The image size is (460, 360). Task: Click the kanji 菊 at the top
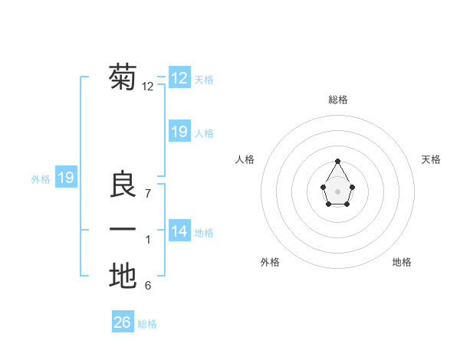tap(123, 77)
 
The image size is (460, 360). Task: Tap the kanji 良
tap(123, 185)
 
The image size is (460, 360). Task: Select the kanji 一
tap(123, 230)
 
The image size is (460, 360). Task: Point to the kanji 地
tap(123, 276)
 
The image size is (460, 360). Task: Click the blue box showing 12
tap(179, 77)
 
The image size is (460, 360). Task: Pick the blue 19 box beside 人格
tap(179, 132)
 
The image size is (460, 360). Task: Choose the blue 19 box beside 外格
tap(66, 178)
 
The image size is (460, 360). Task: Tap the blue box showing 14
tap(179, 231)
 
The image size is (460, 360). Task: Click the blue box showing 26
tap(123, 322)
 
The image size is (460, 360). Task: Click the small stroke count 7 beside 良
tap(148, 193)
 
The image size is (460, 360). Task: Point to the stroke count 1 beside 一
tap(148, 240)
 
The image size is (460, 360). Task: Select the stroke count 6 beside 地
tap(148, 286)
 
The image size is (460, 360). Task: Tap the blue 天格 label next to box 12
tap(205, 80)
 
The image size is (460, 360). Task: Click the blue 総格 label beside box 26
tap(147, 324)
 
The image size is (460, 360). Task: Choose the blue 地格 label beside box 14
tap(205, 233)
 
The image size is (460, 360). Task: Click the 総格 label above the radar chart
tap(338, 100)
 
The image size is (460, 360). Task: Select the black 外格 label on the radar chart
tap(270, 262)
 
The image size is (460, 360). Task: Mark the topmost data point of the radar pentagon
tap(338, 161)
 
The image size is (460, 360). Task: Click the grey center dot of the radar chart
tap(338, 191)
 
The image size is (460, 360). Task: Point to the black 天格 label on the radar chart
tap(432, 159)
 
